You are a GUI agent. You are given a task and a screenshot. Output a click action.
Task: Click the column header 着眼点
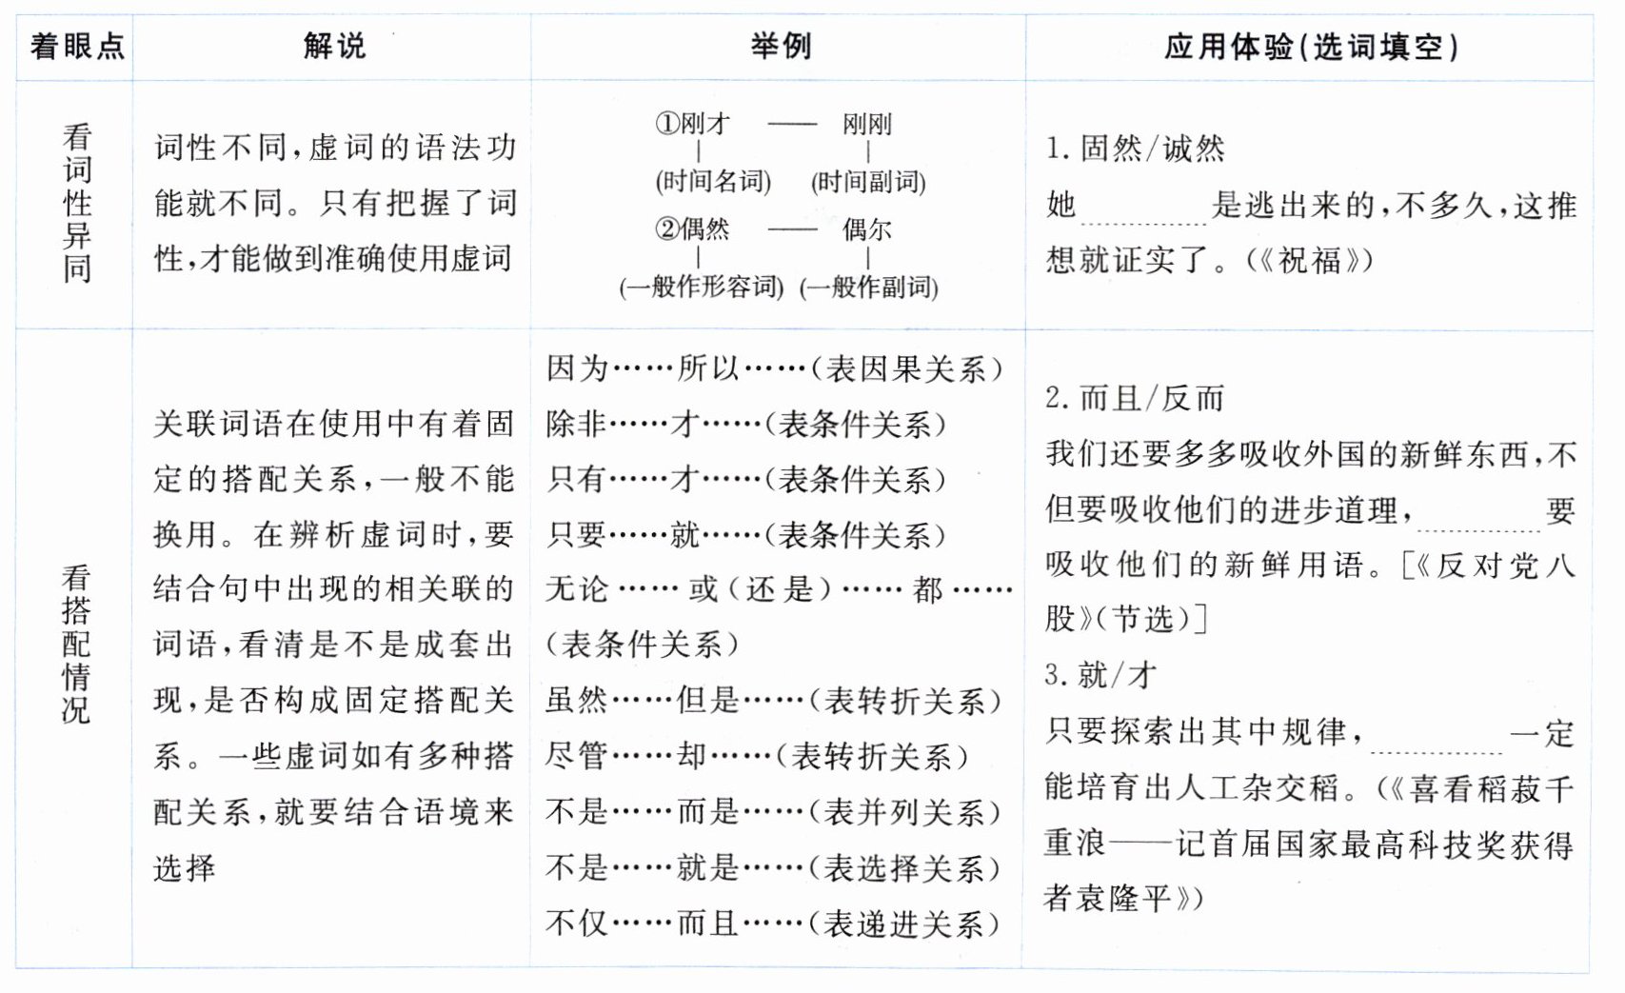click(77, 47)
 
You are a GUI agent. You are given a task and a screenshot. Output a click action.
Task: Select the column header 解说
click(334, 46)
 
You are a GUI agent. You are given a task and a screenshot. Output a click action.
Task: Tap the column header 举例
click(781, 46)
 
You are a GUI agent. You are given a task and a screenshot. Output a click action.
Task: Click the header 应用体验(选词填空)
click(1311, 47)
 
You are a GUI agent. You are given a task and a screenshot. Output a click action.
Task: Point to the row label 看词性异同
click(77, 203)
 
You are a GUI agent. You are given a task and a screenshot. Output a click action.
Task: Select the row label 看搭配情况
click(76, 644)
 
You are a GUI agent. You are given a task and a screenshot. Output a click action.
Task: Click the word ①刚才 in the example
click(692, 124)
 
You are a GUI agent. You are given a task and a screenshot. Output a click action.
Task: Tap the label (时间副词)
click(868, 181)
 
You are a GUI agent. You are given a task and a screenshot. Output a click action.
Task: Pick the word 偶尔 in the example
click(866, 229)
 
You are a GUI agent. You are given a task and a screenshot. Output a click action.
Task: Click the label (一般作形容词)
click(702, 287)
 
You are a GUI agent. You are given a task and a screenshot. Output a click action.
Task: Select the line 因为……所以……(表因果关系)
click(774, 368)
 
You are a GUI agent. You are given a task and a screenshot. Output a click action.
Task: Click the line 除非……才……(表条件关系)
click(746, 424)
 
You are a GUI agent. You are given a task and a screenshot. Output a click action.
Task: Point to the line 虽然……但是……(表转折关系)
click(773, 701)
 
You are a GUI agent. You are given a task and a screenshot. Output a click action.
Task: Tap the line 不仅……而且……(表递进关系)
click(773, 923)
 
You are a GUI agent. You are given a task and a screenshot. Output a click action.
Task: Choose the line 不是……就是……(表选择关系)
click(773, 867)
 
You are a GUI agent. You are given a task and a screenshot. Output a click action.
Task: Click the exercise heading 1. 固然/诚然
click(1135, 149)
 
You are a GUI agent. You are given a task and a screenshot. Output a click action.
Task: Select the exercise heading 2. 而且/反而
click(1134, 398)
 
